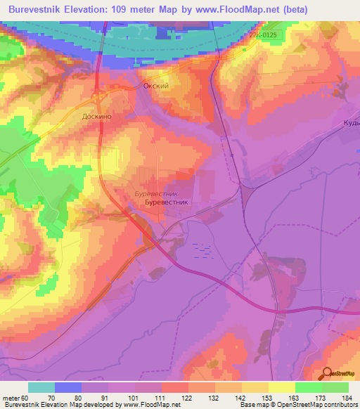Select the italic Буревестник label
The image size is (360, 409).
coord(156,192)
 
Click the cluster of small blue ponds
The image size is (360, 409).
coord(202,250)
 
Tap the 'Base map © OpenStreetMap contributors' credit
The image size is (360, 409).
coord(299,405)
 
